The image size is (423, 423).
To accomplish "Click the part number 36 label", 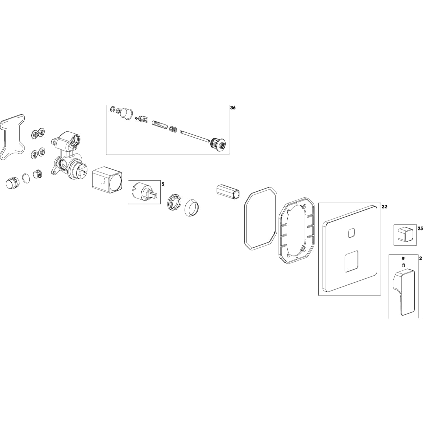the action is click(233, 108).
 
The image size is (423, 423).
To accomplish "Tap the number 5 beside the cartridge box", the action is click(163, 184).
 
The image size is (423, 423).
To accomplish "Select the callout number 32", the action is click(384, 207).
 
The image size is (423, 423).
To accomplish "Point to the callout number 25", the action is click(420, 228).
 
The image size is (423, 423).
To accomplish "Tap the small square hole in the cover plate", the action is click(351, 233).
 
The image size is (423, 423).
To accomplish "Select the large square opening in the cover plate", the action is click(351, 261).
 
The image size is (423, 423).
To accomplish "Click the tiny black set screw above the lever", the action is click(403, 258).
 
